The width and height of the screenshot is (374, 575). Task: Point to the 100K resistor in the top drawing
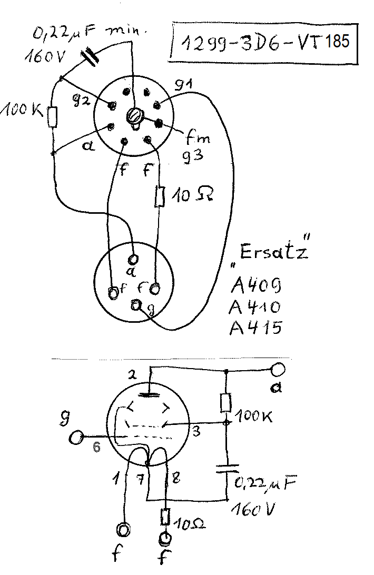[52, 117]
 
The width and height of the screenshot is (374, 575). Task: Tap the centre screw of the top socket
[136, 116]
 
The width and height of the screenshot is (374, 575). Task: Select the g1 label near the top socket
[186, 85]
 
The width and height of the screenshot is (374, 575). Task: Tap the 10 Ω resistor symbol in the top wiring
[159, 196]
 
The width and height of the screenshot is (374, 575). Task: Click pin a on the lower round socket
[133, 259]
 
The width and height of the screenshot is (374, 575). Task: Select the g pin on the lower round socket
[137, 304]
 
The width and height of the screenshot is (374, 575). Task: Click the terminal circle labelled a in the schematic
[278, 370]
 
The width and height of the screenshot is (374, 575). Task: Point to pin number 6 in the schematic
[96, 447]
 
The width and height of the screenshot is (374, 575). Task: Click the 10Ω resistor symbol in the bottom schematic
[165, 517]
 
